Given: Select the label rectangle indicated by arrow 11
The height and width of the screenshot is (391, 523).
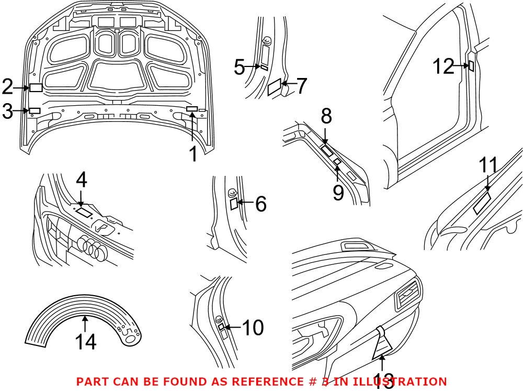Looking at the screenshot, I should [x=482, y=203].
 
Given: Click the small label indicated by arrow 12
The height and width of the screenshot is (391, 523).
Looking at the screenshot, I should [x=471, y=66].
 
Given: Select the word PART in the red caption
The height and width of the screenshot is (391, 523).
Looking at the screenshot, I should [x=92, y=382].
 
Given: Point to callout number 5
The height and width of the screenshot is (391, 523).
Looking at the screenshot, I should [x=240, y=68].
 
